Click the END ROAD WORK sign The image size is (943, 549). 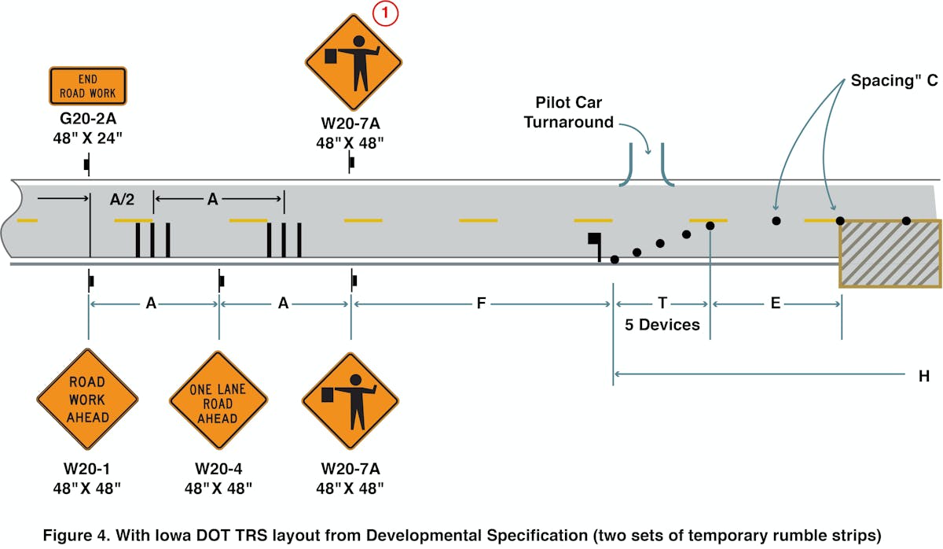point(87,86)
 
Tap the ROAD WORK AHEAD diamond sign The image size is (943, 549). point(87,399)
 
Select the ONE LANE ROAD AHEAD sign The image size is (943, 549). point(218,400)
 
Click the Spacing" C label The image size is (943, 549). point(892,81)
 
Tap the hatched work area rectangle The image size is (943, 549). point(890,253)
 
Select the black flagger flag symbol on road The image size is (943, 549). point(595,242)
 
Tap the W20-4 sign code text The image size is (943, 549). point(218,469)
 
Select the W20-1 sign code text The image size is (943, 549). point(87,469)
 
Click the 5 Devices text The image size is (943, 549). point(662,324)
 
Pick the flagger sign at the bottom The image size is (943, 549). point(350,400)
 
